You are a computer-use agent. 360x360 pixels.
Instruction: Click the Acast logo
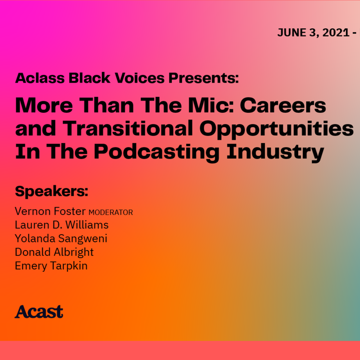pos(39,312)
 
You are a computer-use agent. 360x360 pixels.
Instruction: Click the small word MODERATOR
pos(111,212)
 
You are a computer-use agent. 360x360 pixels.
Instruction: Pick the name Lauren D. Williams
pos(61,225)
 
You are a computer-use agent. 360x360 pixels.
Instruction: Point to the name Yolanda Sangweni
pos(61,239)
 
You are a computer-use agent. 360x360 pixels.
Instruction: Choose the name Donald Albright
pos(54,252)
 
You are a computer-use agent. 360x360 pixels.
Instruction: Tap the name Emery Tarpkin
pos(51,265)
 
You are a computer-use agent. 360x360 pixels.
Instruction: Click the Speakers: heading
pos(52,191)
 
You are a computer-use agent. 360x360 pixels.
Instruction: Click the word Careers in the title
pos(281,105)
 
